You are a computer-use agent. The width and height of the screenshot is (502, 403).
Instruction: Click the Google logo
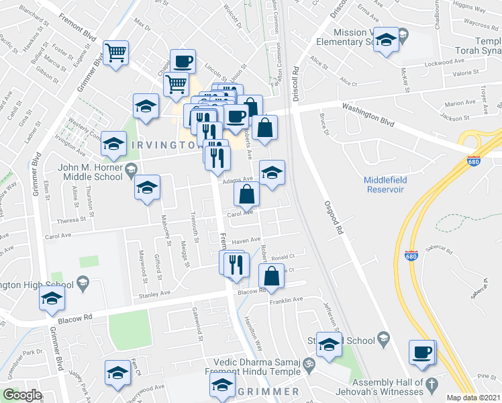coord(22,395)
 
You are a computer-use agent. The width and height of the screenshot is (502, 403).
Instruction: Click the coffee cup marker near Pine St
coord(422,353)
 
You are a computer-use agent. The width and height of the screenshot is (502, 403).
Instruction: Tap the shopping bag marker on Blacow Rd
coord(271,276)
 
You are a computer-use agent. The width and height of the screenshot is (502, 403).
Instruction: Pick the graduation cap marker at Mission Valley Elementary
coord(387,40)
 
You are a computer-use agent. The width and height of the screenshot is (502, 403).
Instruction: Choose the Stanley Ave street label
coord(154,294)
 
